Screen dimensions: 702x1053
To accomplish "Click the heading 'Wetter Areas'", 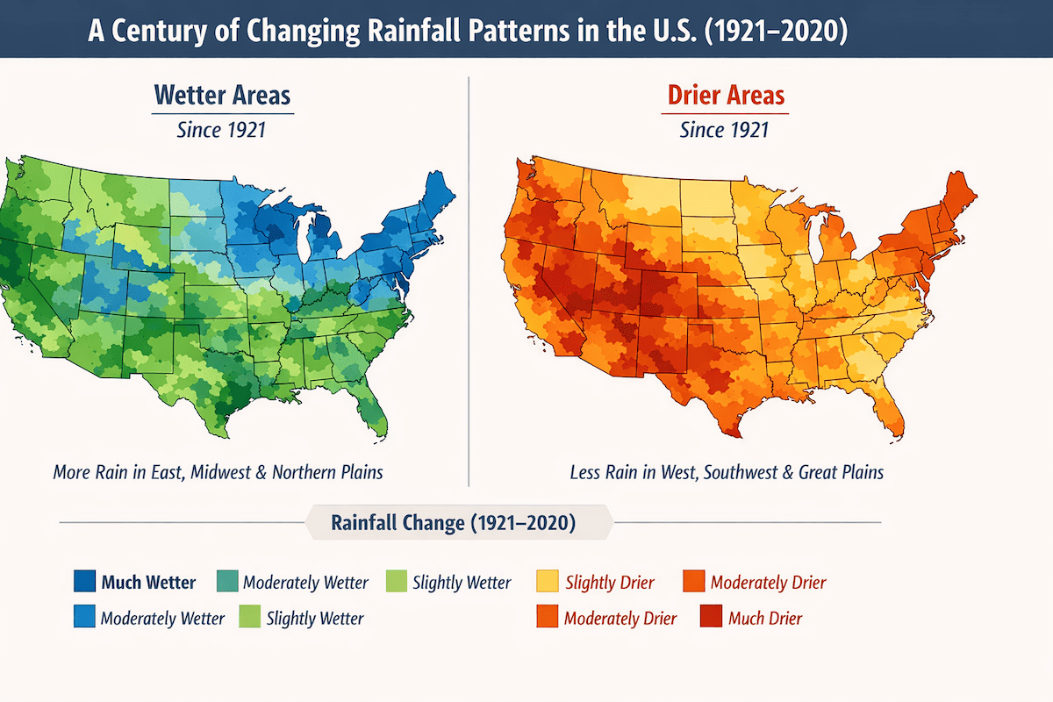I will (222, 95).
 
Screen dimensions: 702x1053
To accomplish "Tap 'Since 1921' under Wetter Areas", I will (222, 131).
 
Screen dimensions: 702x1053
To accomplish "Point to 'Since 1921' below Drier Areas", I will (725, 131).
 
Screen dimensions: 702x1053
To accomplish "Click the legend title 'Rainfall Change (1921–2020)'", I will (453, 523).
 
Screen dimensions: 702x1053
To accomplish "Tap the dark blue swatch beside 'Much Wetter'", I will (85, 582).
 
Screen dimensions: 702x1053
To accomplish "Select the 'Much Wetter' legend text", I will (148, 582).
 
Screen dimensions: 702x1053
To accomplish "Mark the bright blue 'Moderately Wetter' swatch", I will (85, 618).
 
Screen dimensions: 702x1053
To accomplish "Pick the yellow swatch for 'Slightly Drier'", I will (548, 582).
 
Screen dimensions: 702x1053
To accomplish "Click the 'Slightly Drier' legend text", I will (611, 582).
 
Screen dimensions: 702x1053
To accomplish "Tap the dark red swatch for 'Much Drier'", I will (711, 618).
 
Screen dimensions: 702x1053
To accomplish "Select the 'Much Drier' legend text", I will (765, 618).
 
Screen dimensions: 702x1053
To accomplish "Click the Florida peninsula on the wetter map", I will (375, 408).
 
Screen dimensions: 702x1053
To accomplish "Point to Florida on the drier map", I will (889, 408).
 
